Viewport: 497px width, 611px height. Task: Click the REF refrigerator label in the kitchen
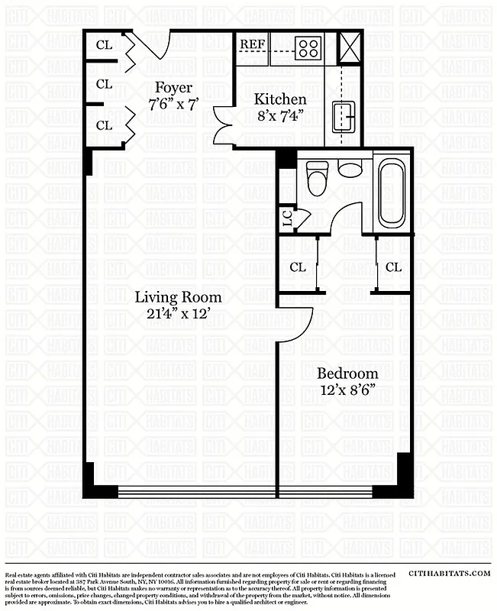tap(252, 44)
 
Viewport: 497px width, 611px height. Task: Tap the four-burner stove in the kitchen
tap(308, 48)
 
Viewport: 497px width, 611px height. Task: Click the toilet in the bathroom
tap(317, 179)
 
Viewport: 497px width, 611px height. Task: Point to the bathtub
tap(392, 192)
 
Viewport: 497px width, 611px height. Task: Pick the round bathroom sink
tap(350, 169)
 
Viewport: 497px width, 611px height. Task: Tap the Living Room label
tap(179, 297)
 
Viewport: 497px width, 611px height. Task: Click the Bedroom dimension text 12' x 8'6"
tap(347, 390)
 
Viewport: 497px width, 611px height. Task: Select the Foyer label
tap(173, 87)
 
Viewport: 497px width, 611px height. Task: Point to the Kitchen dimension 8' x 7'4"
tap(280, 115)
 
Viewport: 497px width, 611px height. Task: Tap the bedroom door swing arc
tap(300, 325)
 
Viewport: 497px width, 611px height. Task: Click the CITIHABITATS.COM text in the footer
tap(448, 573)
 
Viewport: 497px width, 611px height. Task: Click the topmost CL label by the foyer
tap(104, 45)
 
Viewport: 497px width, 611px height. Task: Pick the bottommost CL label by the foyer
tap(104, 124)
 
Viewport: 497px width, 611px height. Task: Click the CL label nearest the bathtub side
tap(393, 267)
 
